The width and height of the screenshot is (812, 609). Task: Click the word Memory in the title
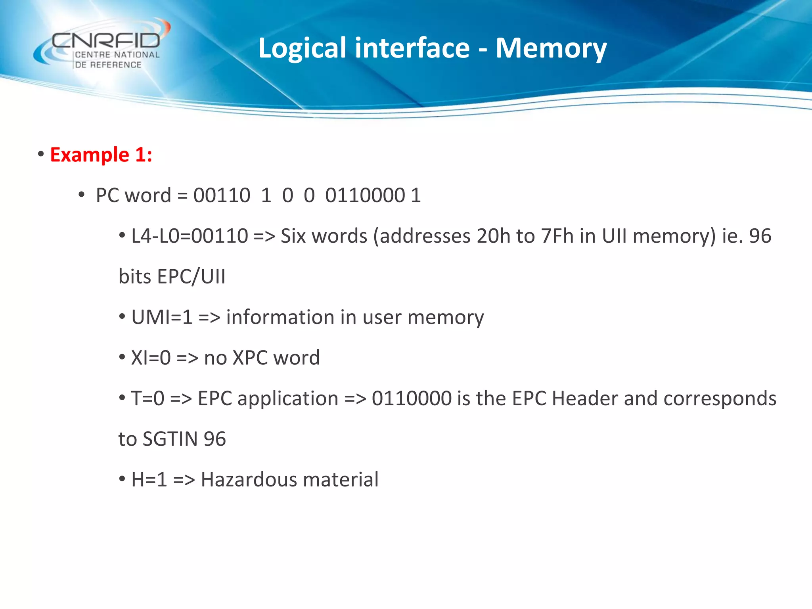tap(551, 48)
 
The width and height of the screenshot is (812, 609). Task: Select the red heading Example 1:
tap(101, 154)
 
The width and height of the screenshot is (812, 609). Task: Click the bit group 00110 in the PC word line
tap(222, 195)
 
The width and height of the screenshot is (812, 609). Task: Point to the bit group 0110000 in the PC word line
tap(365, 195)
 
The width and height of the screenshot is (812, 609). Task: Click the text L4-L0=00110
tap(190, 236)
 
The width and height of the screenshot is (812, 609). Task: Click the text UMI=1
tap(162, 317)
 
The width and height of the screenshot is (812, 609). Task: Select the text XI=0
tap(151, 358)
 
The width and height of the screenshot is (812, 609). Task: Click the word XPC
tap(250, 358)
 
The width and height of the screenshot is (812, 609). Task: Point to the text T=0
tap(147, 398)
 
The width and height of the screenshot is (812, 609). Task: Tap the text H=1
tap(149, 480)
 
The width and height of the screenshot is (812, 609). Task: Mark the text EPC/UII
tap(191, 277)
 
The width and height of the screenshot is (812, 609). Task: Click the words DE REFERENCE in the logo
tap(108, 65)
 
